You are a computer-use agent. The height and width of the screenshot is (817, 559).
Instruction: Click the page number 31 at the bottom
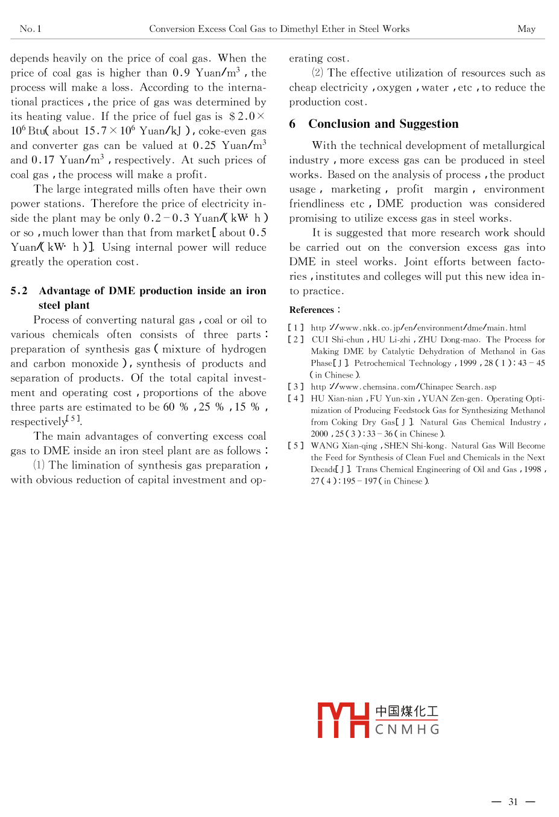[x=513, y=801]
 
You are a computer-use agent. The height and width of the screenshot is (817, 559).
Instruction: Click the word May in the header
[x=526, y=29]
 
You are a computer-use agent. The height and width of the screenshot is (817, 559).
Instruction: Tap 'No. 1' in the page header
[x=30, y=29]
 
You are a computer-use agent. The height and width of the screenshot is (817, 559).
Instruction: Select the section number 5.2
[x=19, y=291]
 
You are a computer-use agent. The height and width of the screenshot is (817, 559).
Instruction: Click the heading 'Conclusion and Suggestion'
[x=383, y=124]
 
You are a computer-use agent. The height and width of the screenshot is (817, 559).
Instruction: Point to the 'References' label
[x=312, y=310]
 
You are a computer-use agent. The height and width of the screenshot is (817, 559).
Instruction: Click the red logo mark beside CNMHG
[x=343, y=720]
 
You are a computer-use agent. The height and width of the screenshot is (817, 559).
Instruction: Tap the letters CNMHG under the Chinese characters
[x=407, y=730]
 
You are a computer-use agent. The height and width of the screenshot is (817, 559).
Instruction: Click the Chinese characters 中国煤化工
[x=406, y=711]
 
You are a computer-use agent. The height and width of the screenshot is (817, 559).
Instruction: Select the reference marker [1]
[x=295, y=328]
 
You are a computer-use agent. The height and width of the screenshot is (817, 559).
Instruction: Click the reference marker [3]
[x=295, y=387]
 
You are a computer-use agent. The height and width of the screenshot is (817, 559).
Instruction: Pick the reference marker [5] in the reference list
[x=295, y=446]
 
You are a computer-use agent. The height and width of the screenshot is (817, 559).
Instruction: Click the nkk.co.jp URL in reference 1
[x=418, y=328]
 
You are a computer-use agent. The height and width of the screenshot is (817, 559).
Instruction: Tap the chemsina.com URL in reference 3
[x=403, y=387]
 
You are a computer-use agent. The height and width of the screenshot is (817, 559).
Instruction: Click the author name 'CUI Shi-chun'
[x=338, y=340]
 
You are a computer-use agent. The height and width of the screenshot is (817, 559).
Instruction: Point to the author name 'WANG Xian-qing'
[x=344, y=446]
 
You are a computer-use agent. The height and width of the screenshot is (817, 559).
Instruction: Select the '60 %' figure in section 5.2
[x=176, y=407]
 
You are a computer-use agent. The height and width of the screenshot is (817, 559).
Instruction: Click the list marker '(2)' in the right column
[x=317, y=73]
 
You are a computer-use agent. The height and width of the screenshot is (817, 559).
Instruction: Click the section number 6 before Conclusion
[x=292, y=124]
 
